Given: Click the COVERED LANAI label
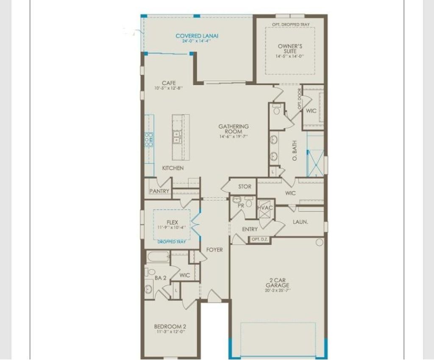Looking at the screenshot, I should tap(197, 36).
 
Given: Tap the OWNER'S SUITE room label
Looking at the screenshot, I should tap(290, 48).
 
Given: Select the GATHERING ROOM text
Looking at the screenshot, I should tap(234, 129).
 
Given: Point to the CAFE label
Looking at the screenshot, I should tap(168, 83).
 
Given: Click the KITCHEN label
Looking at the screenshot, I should tap(173, 168).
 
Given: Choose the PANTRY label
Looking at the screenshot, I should tap(159, 191).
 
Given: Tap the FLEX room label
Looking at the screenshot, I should tap(172, 222).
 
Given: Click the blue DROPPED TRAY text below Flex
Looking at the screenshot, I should tap(172, 242).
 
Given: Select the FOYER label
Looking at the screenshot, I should tap(214, 250).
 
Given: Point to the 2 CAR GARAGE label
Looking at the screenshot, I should tap(278, 283).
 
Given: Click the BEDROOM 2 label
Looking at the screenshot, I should tap(170, 327).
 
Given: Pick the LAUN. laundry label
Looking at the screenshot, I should tap(300, 222).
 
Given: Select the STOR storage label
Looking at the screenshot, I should tap(245, 187).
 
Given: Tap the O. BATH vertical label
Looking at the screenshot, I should tap(295, 150).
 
